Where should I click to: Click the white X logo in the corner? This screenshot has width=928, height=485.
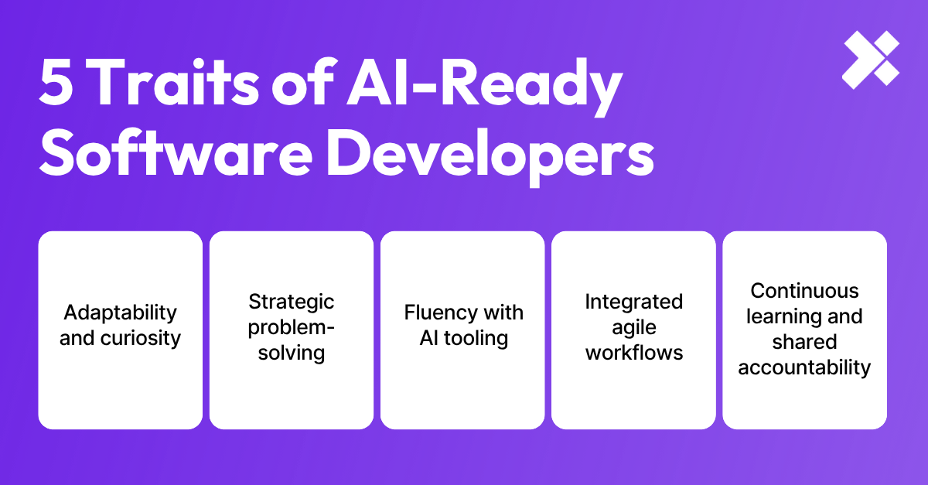[871, 60]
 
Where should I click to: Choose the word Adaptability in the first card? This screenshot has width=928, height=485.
[120, 313]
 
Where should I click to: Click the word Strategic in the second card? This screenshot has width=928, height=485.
[291, 301]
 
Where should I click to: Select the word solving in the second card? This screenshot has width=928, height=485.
[291, 353]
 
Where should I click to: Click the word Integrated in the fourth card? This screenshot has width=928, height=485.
[633, 301]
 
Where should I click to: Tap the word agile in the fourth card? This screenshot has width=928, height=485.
[633, 327]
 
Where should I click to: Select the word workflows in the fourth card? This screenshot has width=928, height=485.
[633, 353]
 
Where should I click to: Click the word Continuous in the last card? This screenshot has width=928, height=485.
[804, 291]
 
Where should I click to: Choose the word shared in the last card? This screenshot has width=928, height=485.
[804, 342]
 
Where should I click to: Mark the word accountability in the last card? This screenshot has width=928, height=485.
[804, 367]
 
